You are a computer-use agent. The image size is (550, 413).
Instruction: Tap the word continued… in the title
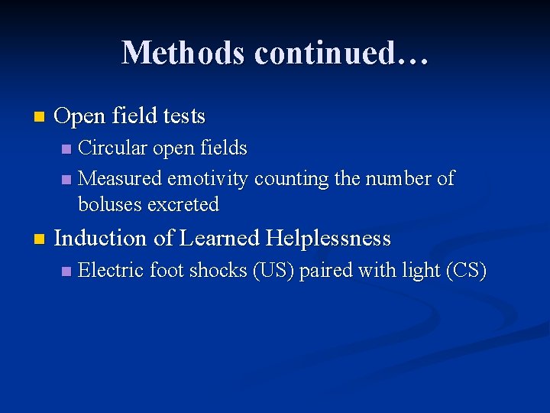tap(341, 53)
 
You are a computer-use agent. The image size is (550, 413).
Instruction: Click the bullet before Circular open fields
tap(66, 147)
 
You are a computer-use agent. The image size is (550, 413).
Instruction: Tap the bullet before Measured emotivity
tap(66, 180)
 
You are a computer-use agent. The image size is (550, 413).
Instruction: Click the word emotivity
tap(208, 179)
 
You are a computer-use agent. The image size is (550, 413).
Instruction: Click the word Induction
tap(101, 239)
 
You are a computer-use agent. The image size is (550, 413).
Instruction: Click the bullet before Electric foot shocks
tap(66, 272)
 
